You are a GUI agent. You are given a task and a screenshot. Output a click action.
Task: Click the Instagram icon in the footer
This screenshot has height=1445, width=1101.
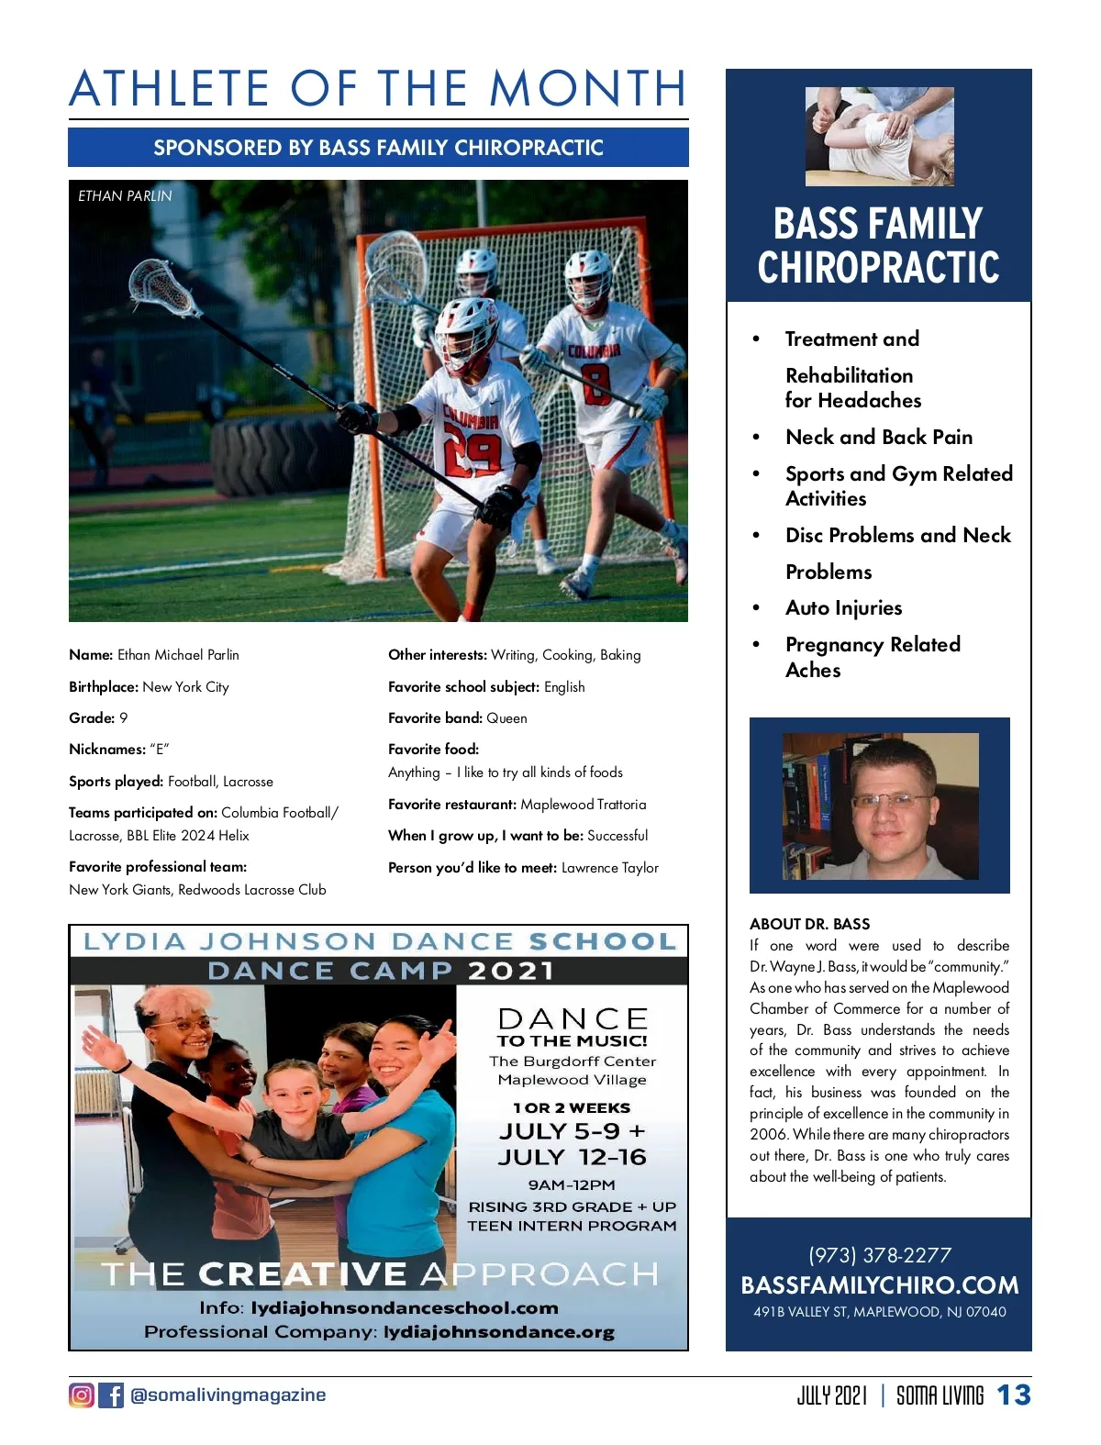coord(82,1395)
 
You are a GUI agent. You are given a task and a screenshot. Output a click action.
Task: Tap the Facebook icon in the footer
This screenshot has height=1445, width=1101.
coord(111,1395)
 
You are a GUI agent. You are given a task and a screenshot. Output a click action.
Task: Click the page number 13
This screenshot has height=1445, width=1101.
coord(1014,1395)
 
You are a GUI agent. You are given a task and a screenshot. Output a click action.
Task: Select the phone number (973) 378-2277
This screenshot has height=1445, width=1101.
coord(879,1255)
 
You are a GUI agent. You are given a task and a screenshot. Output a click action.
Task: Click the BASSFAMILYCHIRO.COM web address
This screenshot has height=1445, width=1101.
coord(879,1285)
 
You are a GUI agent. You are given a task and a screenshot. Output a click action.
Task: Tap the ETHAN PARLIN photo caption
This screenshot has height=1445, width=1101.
coord(125,196)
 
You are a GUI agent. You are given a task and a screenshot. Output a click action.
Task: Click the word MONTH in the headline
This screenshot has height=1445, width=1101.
coord(588,89)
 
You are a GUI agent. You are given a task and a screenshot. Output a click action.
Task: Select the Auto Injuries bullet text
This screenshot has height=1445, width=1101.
coord(843,608)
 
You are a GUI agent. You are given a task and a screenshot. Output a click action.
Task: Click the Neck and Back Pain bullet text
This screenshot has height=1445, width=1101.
coord(878,438)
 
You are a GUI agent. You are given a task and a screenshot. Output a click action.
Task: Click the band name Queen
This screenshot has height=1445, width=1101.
coord(506,718)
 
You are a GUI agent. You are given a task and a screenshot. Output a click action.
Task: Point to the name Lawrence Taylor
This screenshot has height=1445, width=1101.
coord(610,868)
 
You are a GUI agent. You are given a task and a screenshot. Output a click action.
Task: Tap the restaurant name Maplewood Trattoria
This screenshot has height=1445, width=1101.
coord(583,805)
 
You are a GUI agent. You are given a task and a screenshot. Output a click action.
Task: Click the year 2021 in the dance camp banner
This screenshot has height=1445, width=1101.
coord(511,972)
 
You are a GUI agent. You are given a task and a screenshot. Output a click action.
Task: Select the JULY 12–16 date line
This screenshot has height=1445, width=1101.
coord(572,1158)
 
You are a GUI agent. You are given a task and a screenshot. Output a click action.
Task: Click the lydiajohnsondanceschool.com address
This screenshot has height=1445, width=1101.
coord(405,1308)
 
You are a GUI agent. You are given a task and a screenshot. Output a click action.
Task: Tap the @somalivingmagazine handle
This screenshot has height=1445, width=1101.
coord(228,1395)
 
